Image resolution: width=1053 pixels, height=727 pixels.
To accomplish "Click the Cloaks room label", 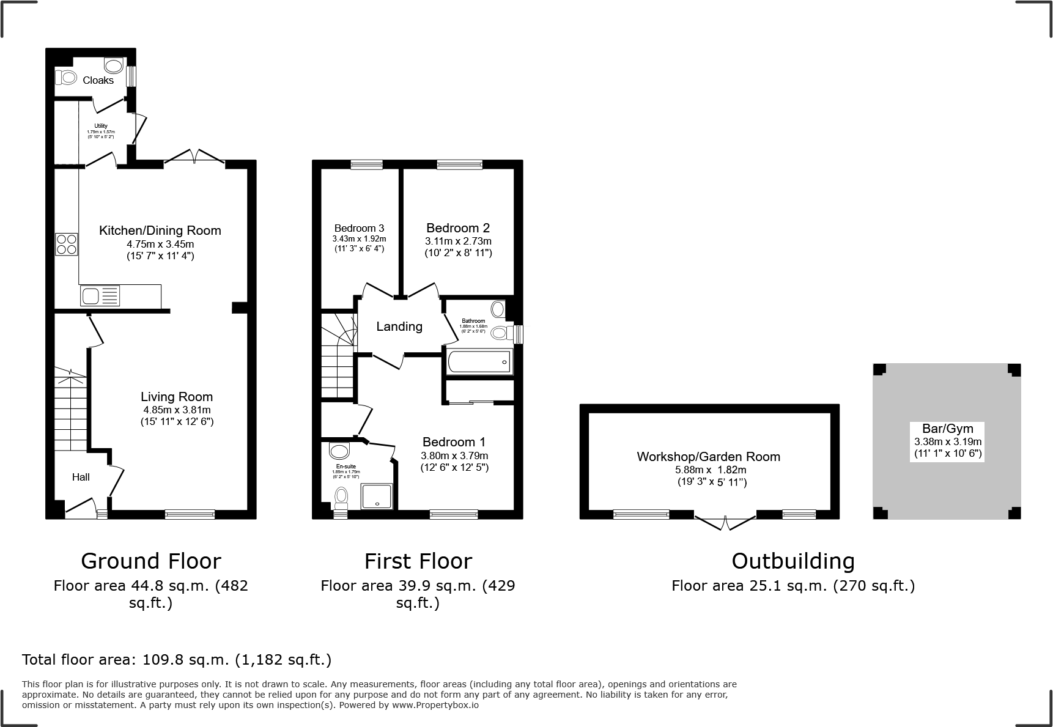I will [98, 80].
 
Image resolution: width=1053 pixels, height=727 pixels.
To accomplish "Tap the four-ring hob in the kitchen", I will [66, 245].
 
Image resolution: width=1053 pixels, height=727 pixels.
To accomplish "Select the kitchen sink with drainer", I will [100, 297].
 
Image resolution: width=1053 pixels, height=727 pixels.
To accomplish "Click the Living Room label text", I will [177, 396].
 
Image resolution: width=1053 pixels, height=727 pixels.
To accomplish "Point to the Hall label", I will [81, 477].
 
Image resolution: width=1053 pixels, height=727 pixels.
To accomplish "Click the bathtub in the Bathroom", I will [479, 362].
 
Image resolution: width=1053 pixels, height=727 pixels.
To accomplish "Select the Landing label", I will [399, 327].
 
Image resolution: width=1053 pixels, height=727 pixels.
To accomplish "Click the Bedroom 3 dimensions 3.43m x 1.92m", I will [359, 238].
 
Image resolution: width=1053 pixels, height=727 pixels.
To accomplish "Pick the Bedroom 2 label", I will [458, 228].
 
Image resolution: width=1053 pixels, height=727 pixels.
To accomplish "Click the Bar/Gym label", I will [947, 429].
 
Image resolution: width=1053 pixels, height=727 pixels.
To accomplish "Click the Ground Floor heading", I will [150, 561].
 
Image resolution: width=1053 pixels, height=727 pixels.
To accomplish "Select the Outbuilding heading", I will [793, 561].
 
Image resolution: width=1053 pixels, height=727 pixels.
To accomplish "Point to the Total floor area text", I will [177, 660].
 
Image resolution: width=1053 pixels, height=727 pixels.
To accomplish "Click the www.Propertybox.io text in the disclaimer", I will [435, 705].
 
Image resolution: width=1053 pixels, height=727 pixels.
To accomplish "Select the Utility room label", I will [101, 126].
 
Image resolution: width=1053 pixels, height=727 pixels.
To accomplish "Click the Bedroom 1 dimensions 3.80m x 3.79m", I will [454, 456].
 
